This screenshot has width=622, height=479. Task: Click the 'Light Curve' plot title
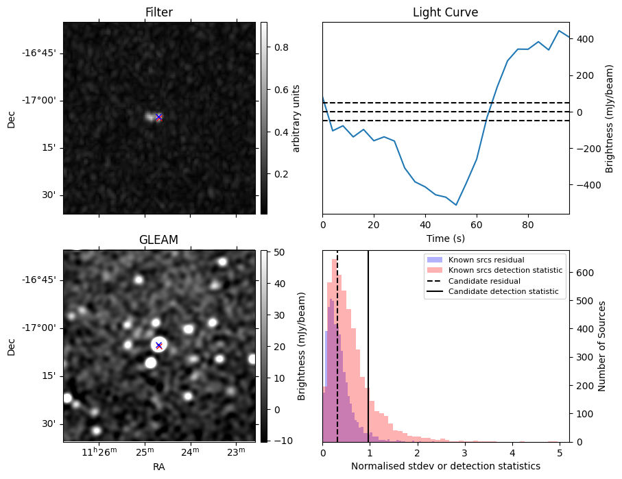pos(445,12)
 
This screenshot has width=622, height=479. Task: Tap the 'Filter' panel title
pos(158,12)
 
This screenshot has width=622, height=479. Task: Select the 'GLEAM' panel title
pos(158,240)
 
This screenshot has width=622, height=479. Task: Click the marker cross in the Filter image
pos(158,117)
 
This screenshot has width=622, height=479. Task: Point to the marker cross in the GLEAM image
pos(158,345)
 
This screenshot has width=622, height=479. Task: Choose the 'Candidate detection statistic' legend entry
pos(503,292)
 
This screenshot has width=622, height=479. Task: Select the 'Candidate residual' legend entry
pos(483,282)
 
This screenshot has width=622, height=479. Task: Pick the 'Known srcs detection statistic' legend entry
pos(505,271)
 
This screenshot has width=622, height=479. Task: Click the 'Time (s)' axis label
pos(445,238)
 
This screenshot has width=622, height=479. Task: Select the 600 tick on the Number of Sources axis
pos(583,272)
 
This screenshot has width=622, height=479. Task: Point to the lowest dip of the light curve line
pos(456,205)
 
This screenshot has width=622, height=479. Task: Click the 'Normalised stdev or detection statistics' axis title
pos(445,466)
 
